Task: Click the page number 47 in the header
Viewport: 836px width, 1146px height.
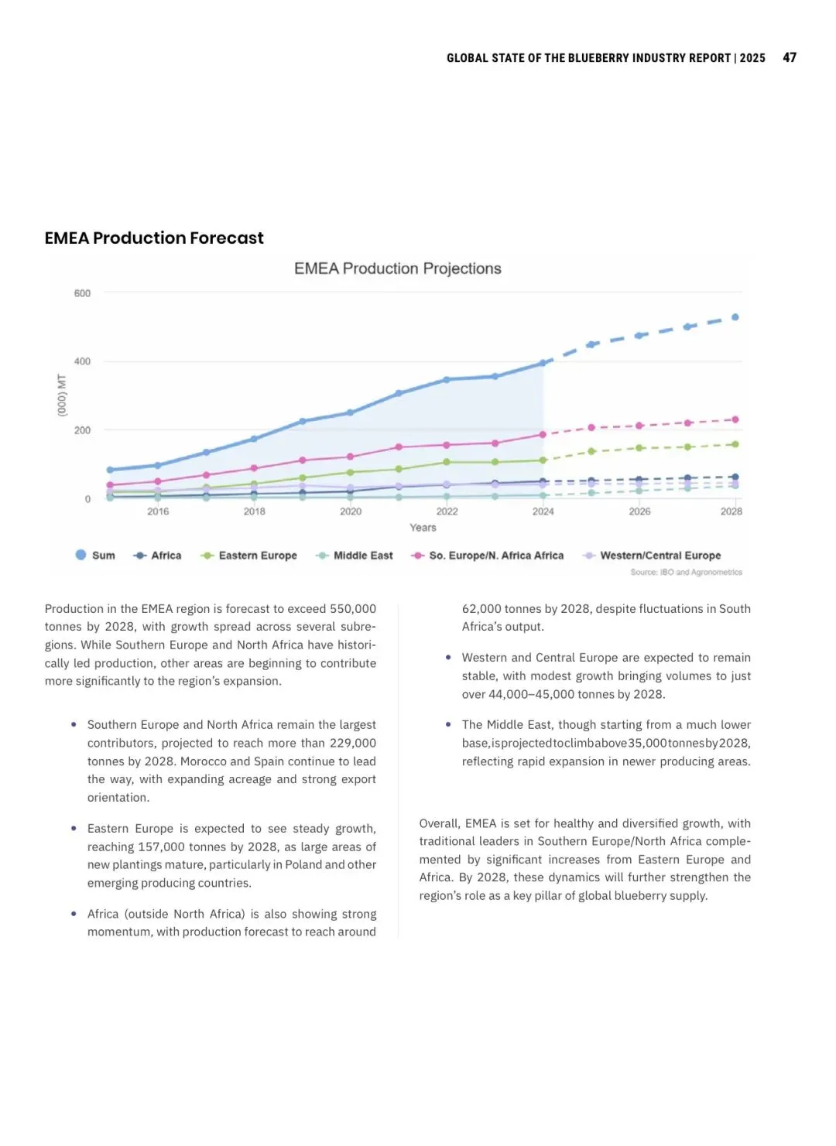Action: (790, 57)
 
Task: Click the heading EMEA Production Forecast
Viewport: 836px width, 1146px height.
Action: (154, 238)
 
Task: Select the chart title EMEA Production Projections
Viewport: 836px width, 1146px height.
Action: (397, 269)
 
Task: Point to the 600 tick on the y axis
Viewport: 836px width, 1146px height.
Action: (82, 293)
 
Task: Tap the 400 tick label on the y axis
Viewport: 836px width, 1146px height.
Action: (82, 361)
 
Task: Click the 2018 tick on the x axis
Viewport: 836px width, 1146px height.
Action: (254, 511)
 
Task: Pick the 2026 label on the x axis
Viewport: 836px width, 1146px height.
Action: (639, 511)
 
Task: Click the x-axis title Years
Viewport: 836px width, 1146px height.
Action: (423, 528)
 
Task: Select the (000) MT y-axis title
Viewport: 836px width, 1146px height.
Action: (62, 395)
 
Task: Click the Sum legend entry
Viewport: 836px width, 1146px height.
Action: (95, 556)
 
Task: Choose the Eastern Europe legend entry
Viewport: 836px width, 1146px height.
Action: (249, 556)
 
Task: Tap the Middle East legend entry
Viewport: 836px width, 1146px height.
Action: (355, 556)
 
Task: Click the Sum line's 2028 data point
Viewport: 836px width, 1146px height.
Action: (735, 317)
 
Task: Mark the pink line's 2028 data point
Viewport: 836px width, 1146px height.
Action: (735, 419)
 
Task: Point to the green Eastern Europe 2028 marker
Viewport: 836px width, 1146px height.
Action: (735, 444)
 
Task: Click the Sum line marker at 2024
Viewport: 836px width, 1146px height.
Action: (543, 363)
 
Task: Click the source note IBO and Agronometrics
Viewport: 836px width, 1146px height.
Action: (686, 573)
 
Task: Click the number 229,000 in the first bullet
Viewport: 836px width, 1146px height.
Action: (352, 743)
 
